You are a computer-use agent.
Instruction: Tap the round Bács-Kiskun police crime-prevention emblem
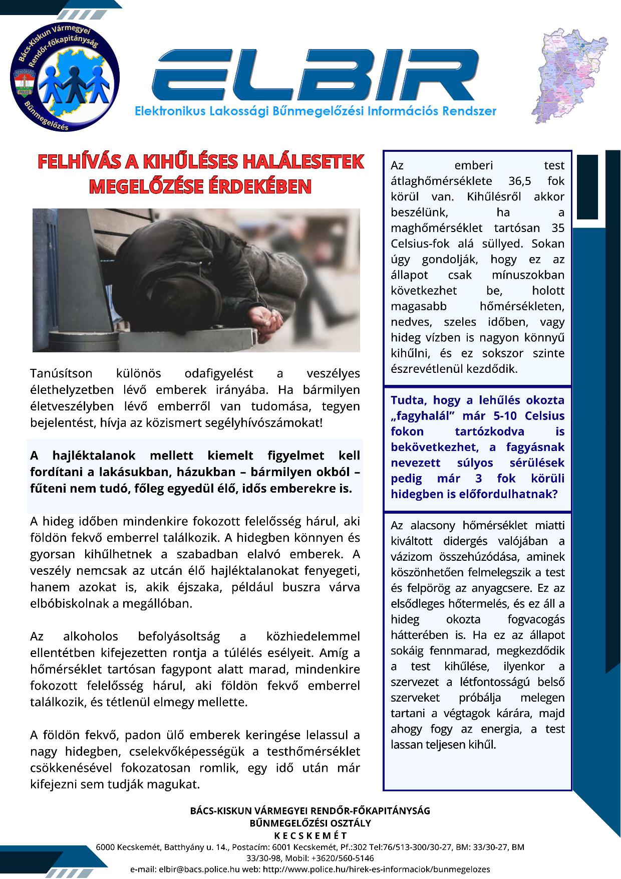[65, 78]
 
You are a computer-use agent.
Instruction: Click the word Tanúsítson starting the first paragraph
[61, 373]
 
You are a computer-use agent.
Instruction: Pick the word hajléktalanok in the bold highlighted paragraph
[94, 456]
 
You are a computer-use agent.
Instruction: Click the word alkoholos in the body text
[91, 636]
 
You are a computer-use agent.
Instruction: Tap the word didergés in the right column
[465, 541]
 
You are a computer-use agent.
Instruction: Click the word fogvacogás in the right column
[536, 619]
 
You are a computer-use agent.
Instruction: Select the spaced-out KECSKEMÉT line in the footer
[310, 836]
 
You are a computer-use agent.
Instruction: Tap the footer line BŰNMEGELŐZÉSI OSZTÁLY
[310, 823]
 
